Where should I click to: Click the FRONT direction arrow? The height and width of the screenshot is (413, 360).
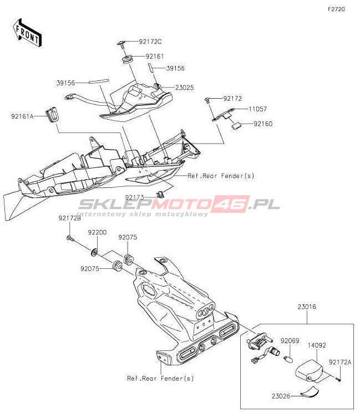click(27, 32)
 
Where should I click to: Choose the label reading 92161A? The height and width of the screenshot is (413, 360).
click(22, 116)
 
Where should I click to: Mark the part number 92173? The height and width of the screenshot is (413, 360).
click(134, 197)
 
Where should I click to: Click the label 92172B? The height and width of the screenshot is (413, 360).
click(70, 218)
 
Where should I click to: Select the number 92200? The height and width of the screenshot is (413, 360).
click(97, 233)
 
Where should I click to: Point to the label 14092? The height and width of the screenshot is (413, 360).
click(317, 344)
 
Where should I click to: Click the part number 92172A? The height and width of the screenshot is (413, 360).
click(340, 362)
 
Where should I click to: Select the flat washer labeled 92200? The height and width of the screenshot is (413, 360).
click(96, 253)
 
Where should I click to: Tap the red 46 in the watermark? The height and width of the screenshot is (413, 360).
click(232, 203)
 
